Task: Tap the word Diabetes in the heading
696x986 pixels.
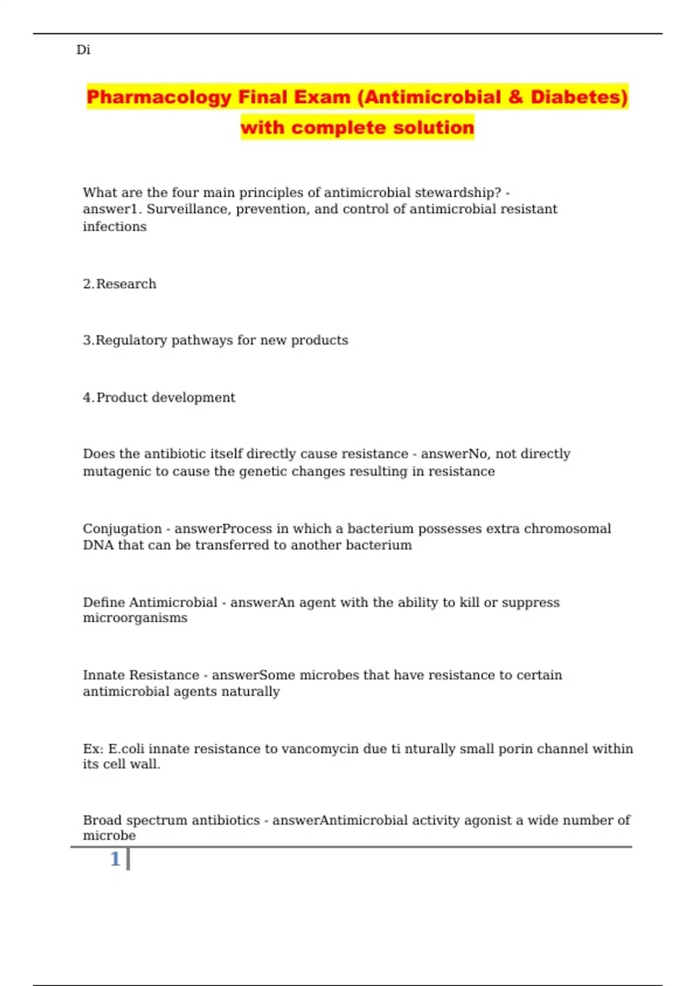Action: coord(579,97)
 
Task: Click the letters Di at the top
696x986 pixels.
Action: coord(83,50)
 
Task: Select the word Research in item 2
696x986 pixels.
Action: coord(126,284)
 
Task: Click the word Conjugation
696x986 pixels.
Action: coord(122,529)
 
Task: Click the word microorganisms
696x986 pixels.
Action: coord(135,618)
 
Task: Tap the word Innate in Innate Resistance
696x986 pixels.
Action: coord(104,675)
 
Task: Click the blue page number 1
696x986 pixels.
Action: coord(115,859)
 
